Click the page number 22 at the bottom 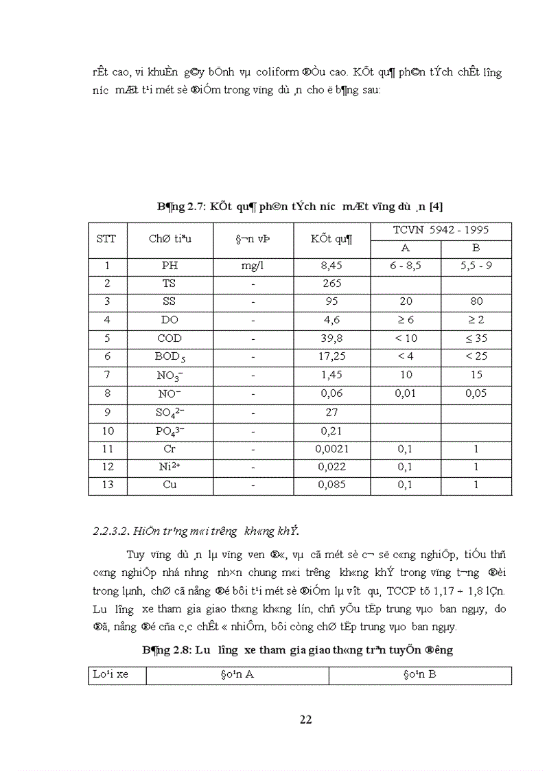click(306, 720)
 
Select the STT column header click(106, 239)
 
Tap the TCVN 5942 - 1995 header click(441, 230)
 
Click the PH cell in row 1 click(170, 265)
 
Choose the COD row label click(170, 338)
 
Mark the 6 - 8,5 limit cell click(406, 265)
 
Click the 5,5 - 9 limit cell click(476, 265)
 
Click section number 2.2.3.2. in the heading click(113, 531)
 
